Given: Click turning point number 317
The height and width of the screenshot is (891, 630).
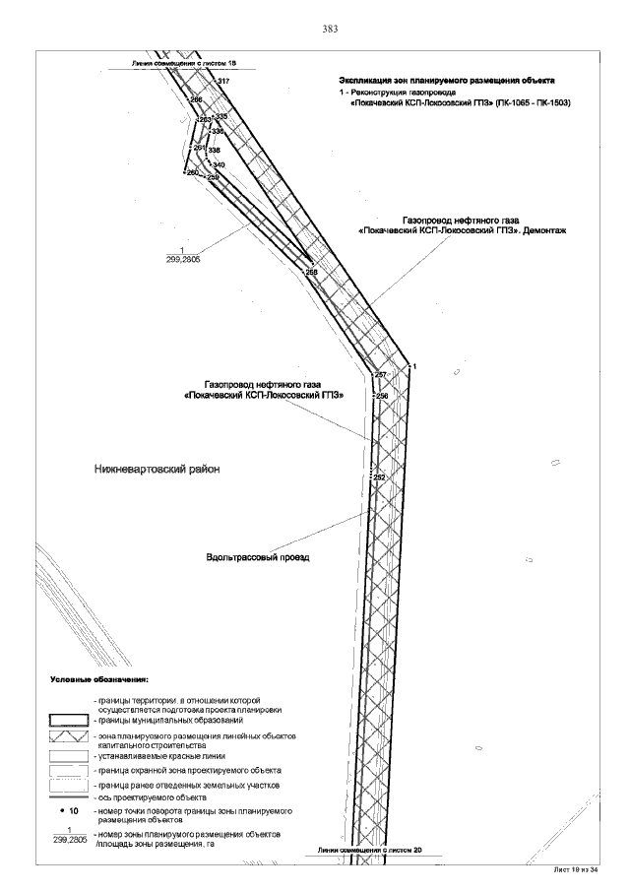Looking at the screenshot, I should [223, 81].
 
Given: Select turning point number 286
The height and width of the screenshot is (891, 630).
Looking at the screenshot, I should [196, 100].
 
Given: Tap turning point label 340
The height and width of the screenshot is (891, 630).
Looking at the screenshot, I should [219, 165].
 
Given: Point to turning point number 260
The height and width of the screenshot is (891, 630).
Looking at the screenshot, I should [193, 173].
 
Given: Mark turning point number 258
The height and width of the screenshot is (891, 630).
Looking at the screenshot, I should [312, 272].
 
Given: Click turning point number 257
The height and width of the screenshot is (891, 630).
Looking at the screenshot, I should [382, 376].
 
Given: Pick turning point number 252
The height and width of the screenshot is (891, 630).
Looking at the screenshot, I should [380, 477].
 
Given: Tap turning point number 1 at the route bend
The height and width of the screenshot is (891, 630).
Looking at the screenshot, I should [415, 366].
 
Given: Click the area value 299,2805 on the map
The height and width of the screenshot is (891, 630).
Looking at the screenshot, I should [183, 257].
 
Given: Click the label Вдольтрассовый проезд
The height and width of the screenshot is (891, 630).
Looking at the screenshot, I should [258, 557].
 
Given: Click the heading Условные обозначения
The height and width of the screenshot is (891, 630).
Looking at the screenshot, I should [99, 679].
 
